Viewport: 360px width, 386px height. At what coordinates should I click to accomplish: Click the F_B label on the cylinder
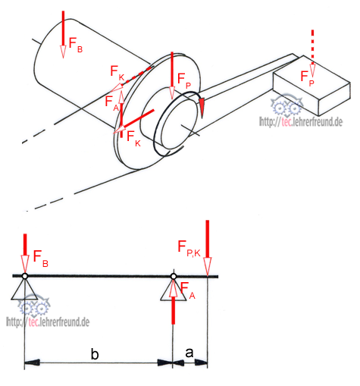pos(76,45)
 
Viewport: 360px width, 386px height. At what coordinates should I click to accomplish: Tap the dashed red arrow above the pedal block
pos(312,53)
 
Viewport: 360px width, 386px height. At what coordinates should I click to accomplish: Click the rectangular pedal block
pos(311,86)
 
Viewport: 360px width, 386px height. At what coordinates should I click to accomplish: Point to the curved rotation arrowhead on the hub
pos(202,108)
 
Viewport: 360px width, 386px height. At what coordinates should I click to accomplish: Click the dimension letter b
pos(95,354)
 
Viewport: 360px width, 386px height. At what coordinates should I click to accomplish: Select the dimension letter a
pos(189,353)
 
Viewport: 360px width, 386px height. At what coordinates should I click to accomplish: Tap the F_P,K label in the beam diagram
pos(189,249)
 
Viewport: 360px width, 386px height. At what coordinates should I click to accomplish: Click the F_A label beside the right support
pos(188,290)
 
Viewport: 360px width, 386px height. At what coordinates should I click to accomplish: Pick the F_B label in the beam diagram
pos(41,259)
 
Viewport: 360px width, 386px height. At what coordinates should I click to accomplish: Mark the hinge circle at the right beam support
pos(174,277)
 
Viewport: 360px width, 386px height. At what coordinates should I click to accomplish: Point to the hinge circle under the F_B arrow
pos(24,276)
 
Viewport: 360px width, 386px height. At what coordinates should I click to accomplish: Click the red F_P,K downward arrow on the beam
pos(208,247)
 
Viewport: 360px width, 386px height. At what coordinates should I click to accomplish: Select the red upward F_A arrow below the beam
pos(173,302)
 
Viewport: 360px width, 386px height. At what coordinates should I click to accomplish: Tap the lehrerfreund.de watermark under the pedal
pos(301,122)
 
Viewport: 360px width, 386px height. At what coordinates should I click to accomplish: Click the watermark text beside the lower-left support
pos(48,322)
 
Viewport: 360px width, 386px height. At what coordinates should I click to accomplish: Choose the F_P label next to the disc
pos(184,81)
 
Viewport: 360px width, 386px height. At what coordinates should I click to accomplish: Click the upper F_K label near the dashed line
pos(117,73)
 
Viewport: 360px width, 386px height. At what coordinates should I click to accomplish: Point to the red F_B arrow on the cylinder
pos(63,35)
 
